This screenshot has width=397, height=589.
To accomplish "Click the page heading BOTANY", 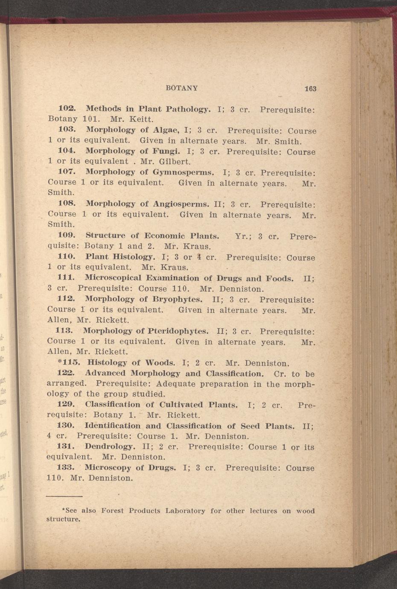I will click(181, 88).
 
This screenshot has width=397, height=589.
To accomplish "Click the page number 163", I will click(310, 89).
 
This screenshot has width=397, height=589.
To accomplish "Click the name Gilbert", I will click(175, 162).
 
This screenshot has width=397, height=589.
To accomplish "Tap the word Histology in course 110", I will click(134, 257).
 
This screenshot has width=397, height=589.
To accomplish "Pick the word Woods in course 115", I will click(160, 363).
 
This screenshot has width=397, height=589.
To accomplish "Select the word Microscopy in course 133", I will click(108, 467).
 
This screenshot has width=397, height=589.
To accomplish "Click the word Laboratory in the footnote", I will click(185, 510).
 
